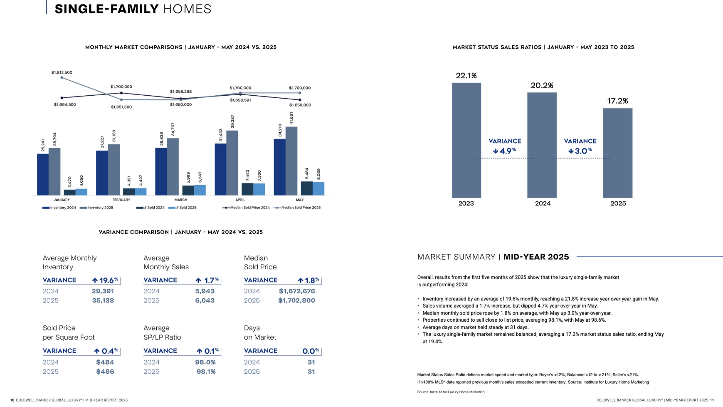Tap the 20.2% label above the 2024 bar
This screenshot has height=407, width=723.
point(542,85)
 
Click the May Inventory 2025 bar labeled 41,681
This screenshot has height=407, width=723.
point(291,161)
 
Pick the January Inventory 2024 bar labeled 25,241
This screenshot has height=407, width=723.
point(43,174)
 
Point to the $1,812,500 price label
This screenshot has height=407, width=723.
point(62,72)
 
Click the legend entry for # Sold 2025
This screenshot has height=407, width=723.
point(183,208)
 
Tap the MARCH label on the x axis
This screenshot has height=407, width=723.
point(180,200)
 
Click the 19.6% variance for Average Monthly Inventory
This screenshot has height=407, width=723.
point(106,280)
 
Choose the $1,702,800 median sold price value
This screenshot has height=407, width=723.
point(296,300)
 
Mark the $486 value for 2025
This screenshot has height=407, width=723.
point(105,372)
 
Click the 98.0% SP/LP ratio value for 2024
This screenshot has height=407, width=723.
point(205,362)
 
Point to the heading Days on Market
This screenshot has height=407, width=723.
point(260,333)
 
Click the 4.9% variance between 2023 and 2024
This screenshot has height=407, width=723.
point(505,151)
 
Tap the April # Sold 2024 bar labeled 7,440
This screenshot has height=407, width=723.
point(247,189)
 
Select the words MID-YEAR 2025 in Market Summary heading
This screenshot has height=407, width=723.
point(536,257)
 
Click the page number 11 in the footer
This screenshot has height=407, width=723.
point(712,400)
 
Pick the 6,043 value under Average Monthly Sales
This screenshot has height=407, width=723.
point(205,300)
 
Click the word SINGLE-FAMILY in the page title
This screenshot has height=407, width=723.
point(106,9)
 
